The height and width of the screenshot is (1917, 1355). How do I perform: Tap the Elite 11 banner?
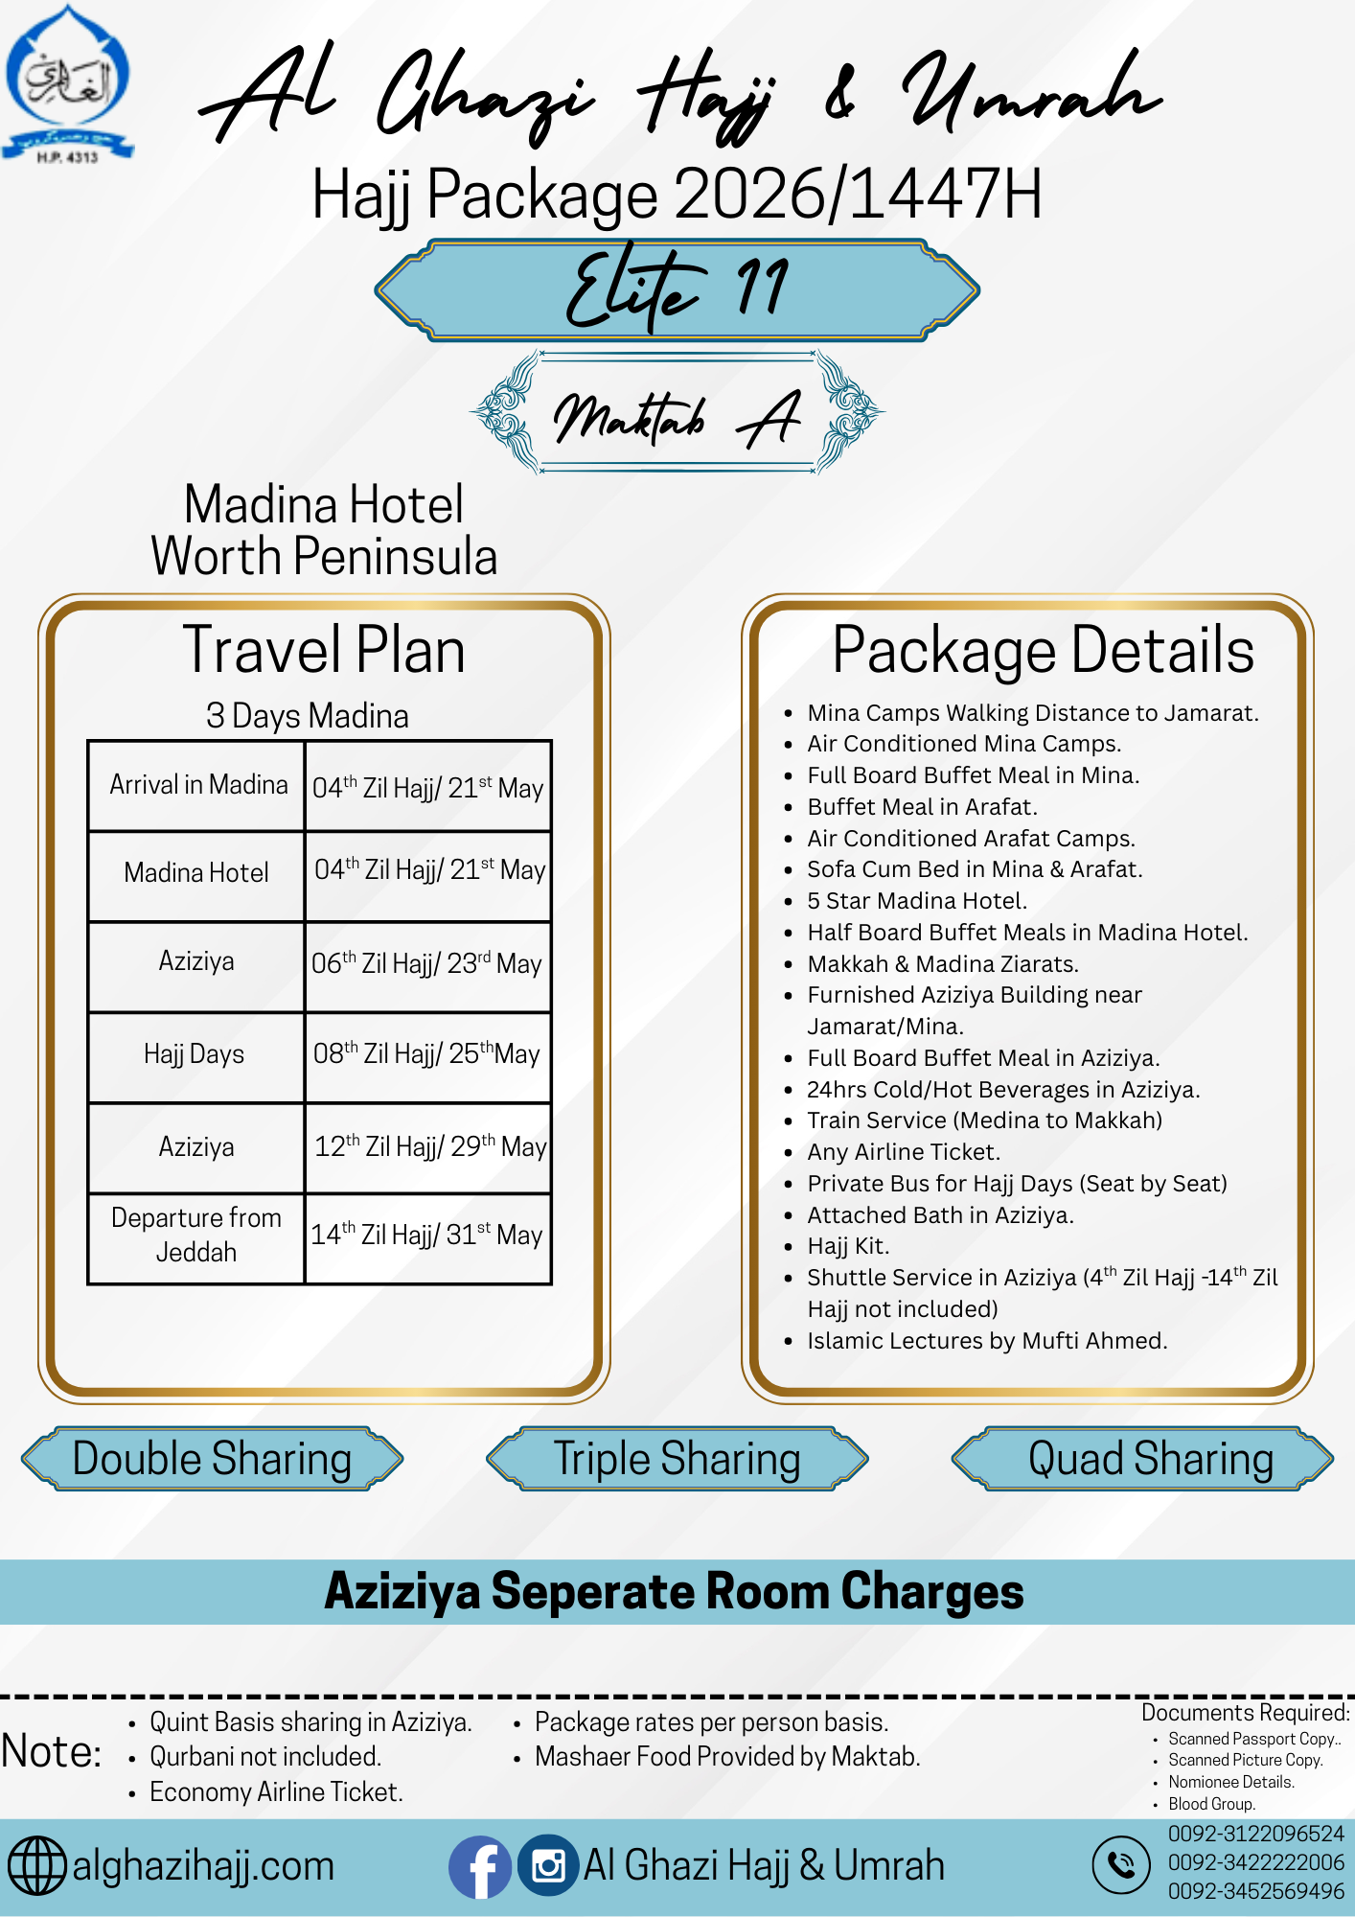pos(677,289)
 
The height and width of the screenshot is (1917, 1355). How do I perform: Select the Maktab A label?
pos(677,414)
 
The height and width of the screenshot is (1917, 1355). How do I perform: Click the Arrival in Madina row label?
pos(197,785)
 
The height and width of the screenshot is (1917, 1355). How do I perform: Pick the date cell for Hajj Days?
pos(427,1054)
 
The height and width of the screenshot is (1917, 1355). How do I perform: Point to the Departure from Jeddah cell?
pos(196,1236)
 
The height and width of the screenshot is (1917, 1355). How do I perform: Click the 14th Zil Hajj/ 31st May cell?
pos(427,1236)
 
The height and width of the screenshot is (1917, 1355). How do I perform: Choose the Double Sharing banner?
pos(212,1459)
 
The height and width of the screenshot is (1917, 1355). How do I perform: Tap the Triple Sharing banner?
pos(677,1459)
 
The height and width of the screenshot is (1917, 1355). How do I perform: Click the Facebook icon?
pos(479,1866)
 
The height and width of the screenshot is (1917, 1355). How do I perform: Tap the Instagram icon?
pos(548,1866)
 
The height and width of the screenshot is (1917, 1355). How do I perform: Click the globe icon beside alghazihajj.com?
pos(37,1866)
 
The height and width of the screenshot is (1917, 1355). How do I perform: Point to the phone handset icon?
pos(1120,1864)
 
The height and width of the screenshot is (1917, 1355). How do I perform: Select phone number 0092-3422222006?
pos(1255,1862)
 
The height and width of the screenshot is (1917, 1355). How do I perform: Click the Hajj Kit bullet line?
pos(848,1246)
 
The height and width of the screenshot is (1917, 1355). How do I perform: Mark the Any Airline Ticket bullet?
pos(903,1152)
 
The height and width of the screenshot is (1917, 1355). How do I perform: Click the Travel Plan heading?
pos(324,651)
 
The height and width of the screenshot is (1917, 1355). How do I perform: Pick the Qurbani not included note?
pos(265,1757)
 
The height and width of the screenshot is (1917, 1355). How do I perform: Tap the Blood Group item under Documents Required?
pos(1211,1804)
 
